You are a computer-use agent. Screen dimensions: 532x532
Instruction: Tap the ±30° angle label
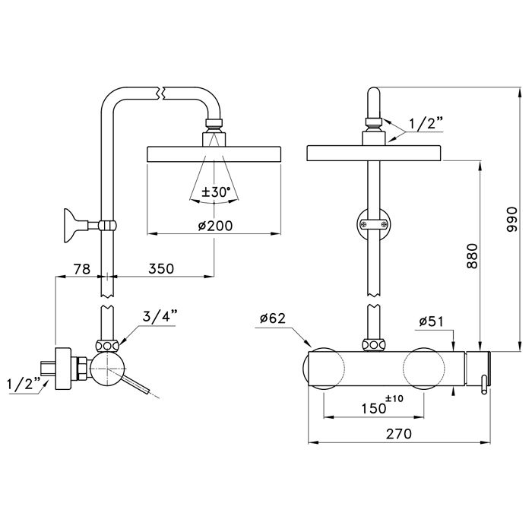pos(214,192)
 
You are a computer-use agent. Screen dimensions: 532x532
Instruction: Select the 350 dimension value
pos(160,268)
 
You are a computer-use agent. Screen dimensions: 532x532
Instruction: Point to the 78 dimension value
pos(82,268)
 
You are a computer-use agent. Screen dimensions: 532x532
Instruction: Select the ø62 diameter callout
pos(271,318)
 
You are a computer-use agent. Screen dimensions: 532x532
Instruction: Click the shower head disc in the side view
pos(214,154)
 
